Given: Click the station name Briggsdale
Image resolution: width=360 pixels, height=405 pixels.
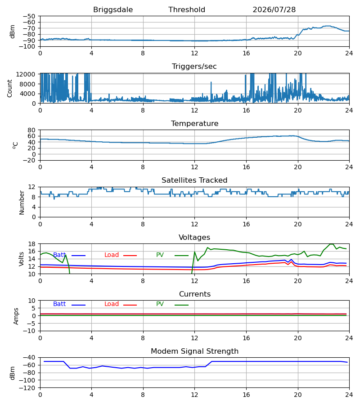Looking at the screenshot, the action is click(x=113, y=10).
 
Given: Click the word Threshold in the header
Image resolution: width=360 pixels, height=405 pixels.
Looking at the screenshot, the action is click(x=187, y=10).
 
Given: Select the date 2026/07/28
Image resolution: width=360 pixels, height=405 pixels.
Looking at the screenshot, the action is click(x=274, y=10).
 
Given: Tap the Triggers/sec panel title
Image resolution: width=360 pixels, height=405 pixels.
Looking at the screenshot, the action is click(x=194, y=67).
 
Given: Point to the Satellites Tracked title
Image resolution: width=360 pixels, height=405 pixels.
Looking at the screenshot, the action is click(x=194, y=180).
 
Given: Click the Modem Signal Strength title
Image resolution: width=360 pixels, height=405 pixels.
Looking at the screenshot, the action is click(x=195, y=351).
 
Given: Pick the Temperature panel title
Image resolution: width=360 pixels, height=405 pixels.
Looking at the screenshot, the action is click(x=194, y=123).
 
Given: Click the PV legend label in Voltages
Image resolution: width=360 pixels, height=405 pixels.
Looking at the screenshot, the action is click(x=160, y=255).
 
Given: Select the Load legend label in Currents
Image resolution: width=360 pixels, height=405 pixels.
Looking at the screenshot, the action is click(x=112, y=304).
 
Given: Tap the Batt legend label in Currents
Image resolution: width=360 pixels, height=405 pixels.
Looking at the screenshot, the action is click(x=59, y=304).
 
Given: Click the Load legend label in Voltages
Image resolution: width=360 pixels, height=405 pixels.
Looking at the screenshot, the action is click(x=112, y=255).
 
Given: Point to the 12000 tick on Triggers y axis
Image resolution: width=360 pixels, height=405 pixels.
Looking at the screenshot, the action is click(x=26, y=74).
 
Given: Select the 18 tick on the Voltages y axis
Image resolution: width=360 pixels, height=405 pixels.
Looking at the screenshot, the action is click(x=32, y=244).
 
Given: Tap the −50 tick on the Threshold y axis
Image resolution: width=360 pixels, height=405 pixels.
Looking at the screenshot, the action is click(x=29, y=16).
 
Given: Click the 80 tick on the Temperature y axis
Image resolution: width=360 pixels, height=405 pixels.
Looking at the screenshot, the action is click(x=32, y=130).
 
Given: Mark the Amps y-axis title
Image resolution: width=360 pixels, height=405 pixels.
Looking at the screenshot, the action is click(x=16, y=316).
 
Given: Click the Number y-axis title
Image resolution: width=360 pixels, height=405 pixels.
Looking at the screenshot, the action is click(x=22, y=202).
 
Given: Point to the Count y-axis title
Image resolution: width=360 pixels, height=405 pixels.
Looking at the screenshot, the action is click(x=10, y=88).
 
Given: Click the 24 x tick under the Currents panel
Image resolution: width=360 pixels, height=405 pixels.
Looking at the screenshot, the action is click(x=349, y=338).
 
